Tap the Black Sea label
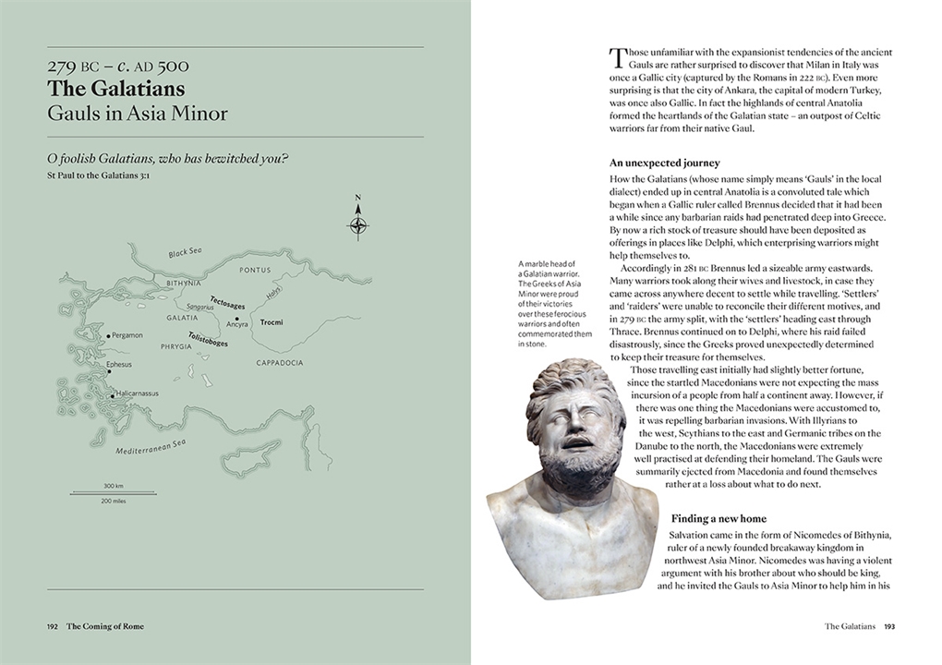187,253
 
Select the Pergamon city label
127,335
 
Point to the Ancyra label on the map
236,324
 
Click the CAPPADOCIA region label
280,363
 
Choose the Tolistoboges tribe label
208,339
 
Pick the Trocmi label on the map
272,322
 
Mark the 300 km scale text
114,486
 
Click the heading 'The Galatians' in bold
116,90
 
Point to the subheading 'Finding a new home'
719,519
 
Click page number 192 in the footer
53,626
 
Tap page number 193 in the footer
889,626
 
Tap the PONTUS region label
255,271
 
